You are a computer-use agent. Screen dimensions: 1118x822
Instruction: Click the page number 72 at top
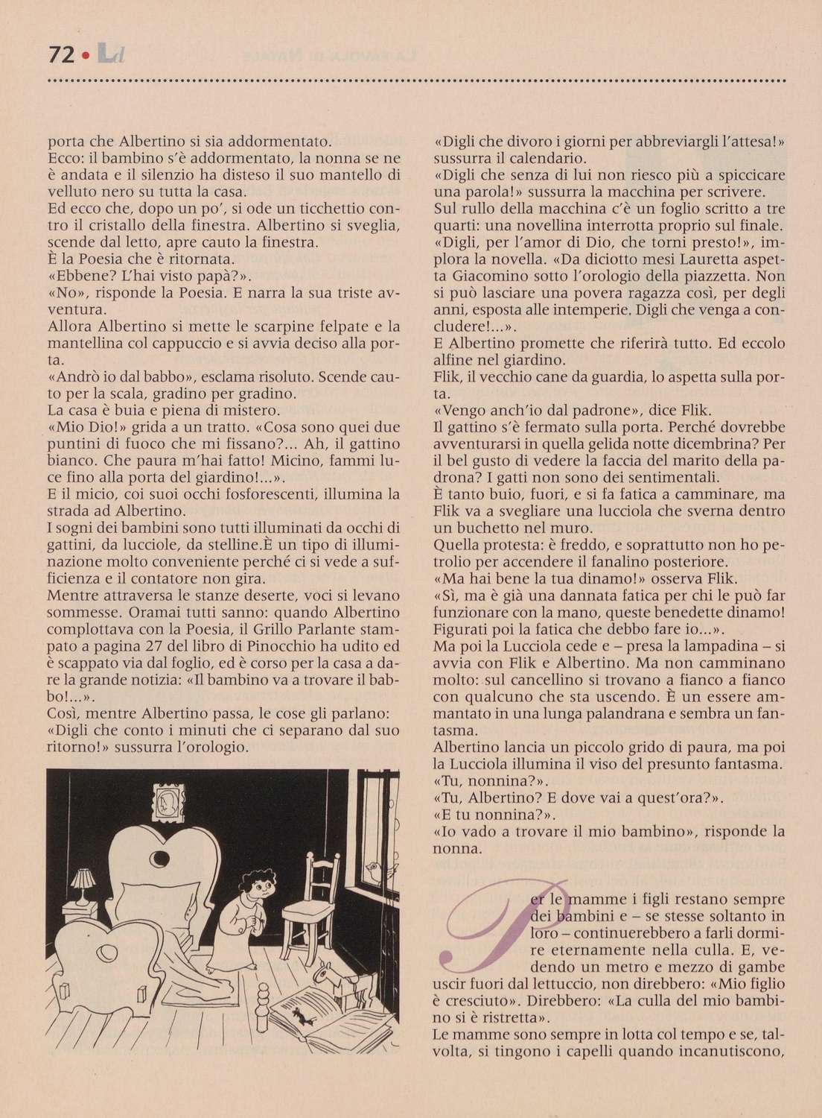[59, 54]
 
